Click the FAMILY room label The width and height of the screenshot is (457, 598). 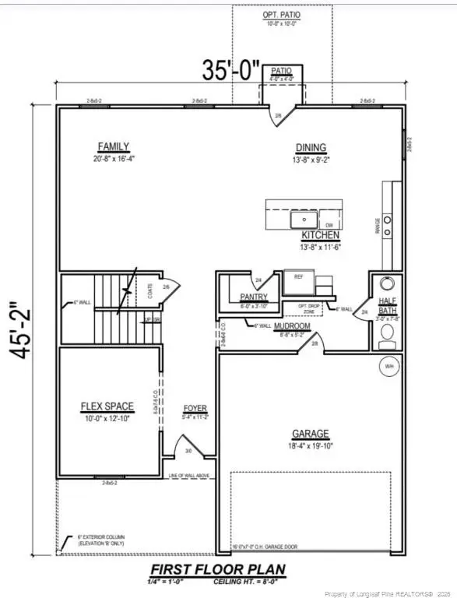tap(113, 146)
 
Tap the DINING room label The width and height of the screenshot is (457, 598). tap(311, 148)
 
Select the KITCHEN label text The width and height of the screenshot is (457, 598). tap(318, 234)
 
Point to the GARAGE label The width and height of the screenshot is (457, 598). tap(311, 434)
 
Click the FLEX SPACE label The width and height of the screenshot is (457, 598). tap(107, 406)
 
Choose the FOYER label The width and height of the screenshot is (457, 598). tap(195, 408)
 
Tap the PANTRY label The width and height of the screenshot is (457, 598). tap(254, 297)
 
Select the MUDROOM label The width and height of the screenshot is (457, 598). tap(293, 327)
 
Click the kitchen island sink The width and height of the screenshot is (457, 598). tap(300, 220)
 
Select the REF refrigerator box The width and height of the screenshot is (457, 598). tap(297, 277)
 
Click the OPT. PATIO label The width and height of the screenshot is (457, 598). tap(282, 16)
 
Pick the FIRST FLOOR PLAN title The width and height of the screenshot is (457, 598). tap(217, 569)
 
